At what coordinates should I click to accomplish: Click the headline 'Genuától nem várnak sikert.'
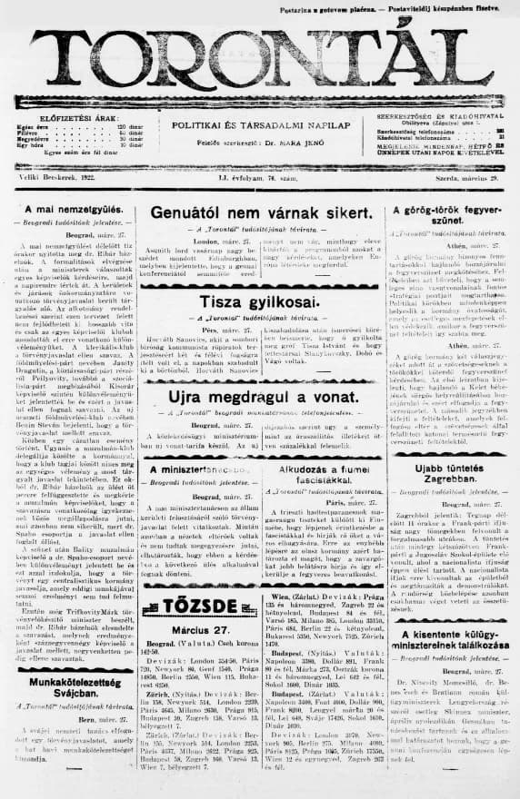264,212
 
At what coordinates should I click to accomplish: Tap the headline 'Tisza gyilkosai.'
262,301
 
